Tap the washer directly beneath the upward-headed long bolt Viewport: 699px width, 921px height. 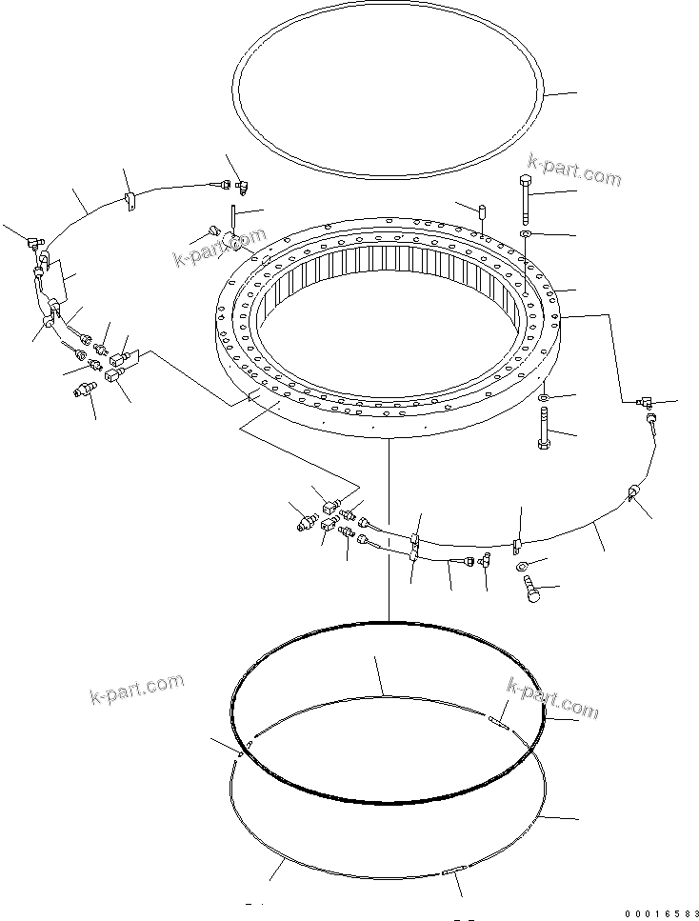pos(527,233)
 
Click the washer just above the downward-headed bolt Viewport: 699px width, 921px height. pos(543,395)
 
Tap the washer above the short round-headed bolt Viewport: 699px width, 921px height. pos(524,569)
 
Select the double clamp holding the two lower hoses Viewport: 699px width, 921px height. pos(415,546)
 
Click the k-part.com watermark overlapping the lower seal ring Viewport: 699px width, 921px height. pos(553,699)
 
